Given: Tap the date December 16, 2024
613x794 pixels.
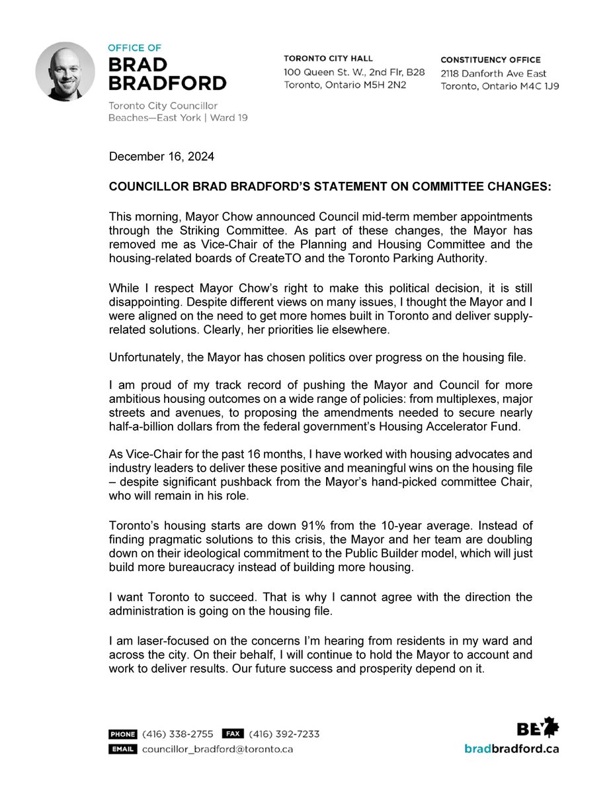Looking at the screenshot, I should (x=153, y=157).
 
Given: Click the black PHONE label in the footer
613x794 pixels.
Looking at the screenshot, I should (x=123, y=734).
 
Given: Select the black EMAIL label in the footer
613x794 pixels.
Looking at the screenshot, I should (x=123, y=749).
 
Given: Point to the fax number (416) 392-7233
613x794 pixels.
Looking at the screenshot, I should (x=286, y=734).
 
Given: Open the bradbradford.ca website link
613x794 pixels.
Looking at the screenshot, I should (x=511, y=749).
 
